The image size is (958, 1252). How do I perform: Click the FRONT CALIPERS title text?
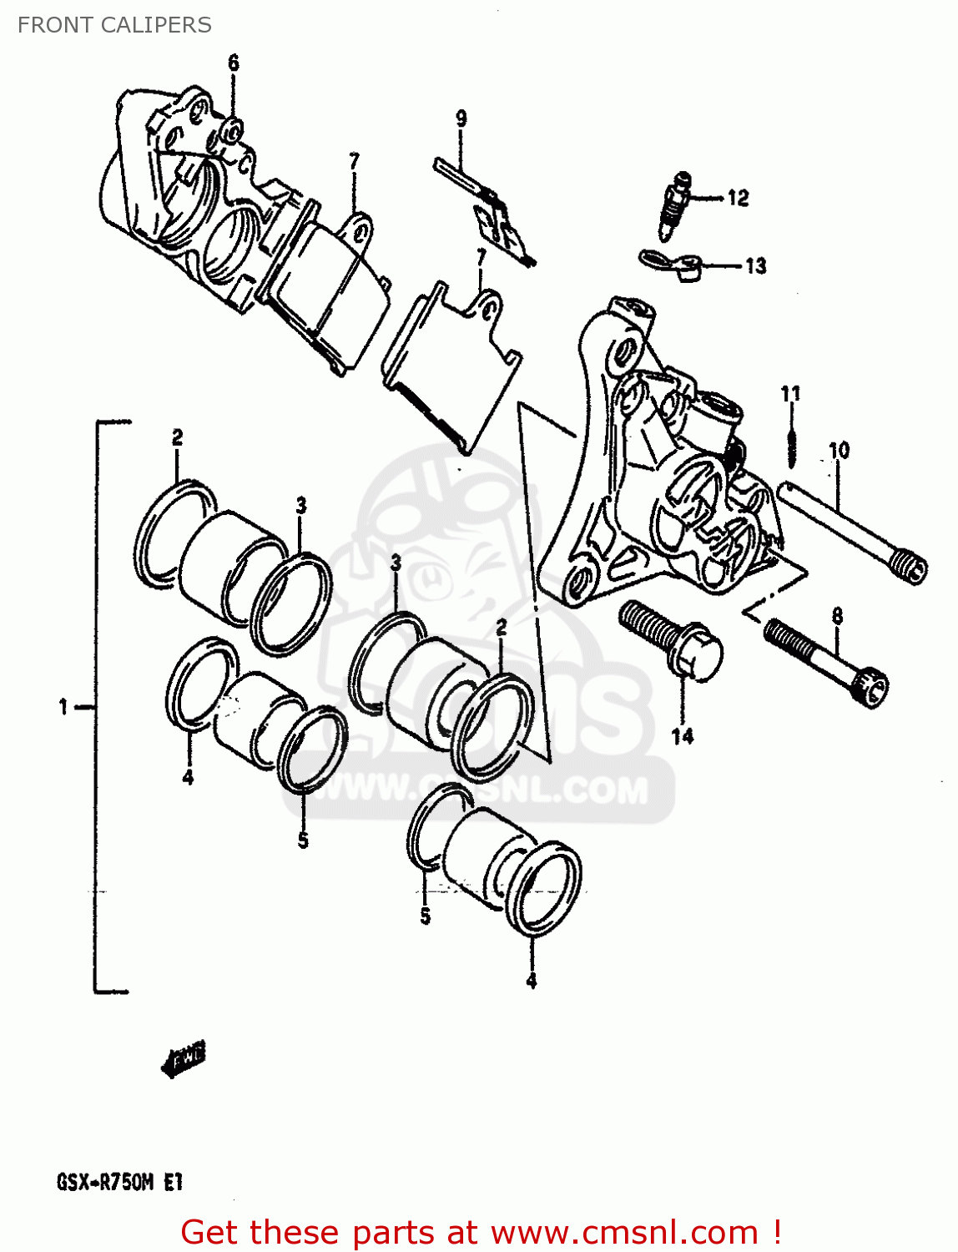click(114, 25)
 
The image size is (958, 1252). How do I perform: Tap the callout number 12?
click(738, 199)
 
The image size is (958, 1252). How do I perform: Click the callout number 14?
click(682, 736)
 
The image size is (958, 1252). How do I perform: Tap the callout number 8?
click(837, 617)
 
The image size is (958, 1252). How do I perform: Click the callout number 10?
click(839, 451)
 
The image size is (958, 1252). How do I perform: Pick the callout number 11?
click(790, 393)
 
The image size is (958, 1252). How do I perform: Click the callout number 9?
click(461, 119)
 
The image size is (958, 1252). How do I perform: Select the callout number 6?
click(234, 63)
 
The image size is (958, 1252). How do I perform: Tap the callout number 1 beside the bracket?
click(63, 707)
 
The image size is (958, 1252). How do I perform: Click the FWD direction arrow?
click(184, 1058)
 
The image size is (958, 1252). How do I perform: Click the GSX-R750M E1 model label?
click(119, 1182)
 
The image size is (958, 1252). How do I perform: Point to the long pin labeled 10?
click(851, 533)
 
